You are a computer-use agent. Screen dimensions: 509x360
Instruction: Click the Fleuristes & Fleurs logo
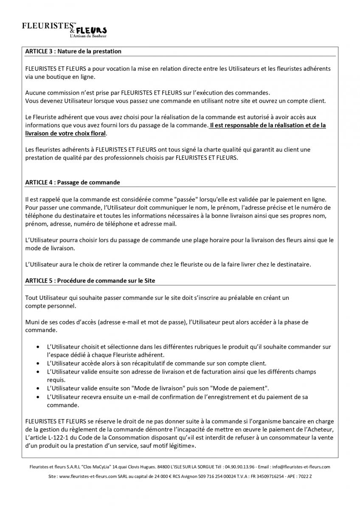tap(64, 30)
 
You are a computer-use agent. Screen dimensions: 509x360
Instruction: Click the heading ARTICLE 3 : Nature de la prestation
tap(73, 51)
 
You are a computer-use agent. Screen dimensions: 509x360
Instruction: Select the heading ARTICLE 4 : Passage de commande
tap(72, 182)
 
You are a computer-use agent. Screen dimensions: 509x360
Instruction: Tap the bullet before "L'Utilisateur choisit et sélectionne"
tap(39, 347)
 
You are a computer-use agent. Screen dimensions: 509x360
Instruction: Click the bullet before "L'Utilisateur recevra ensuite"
tap(39, 397)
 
